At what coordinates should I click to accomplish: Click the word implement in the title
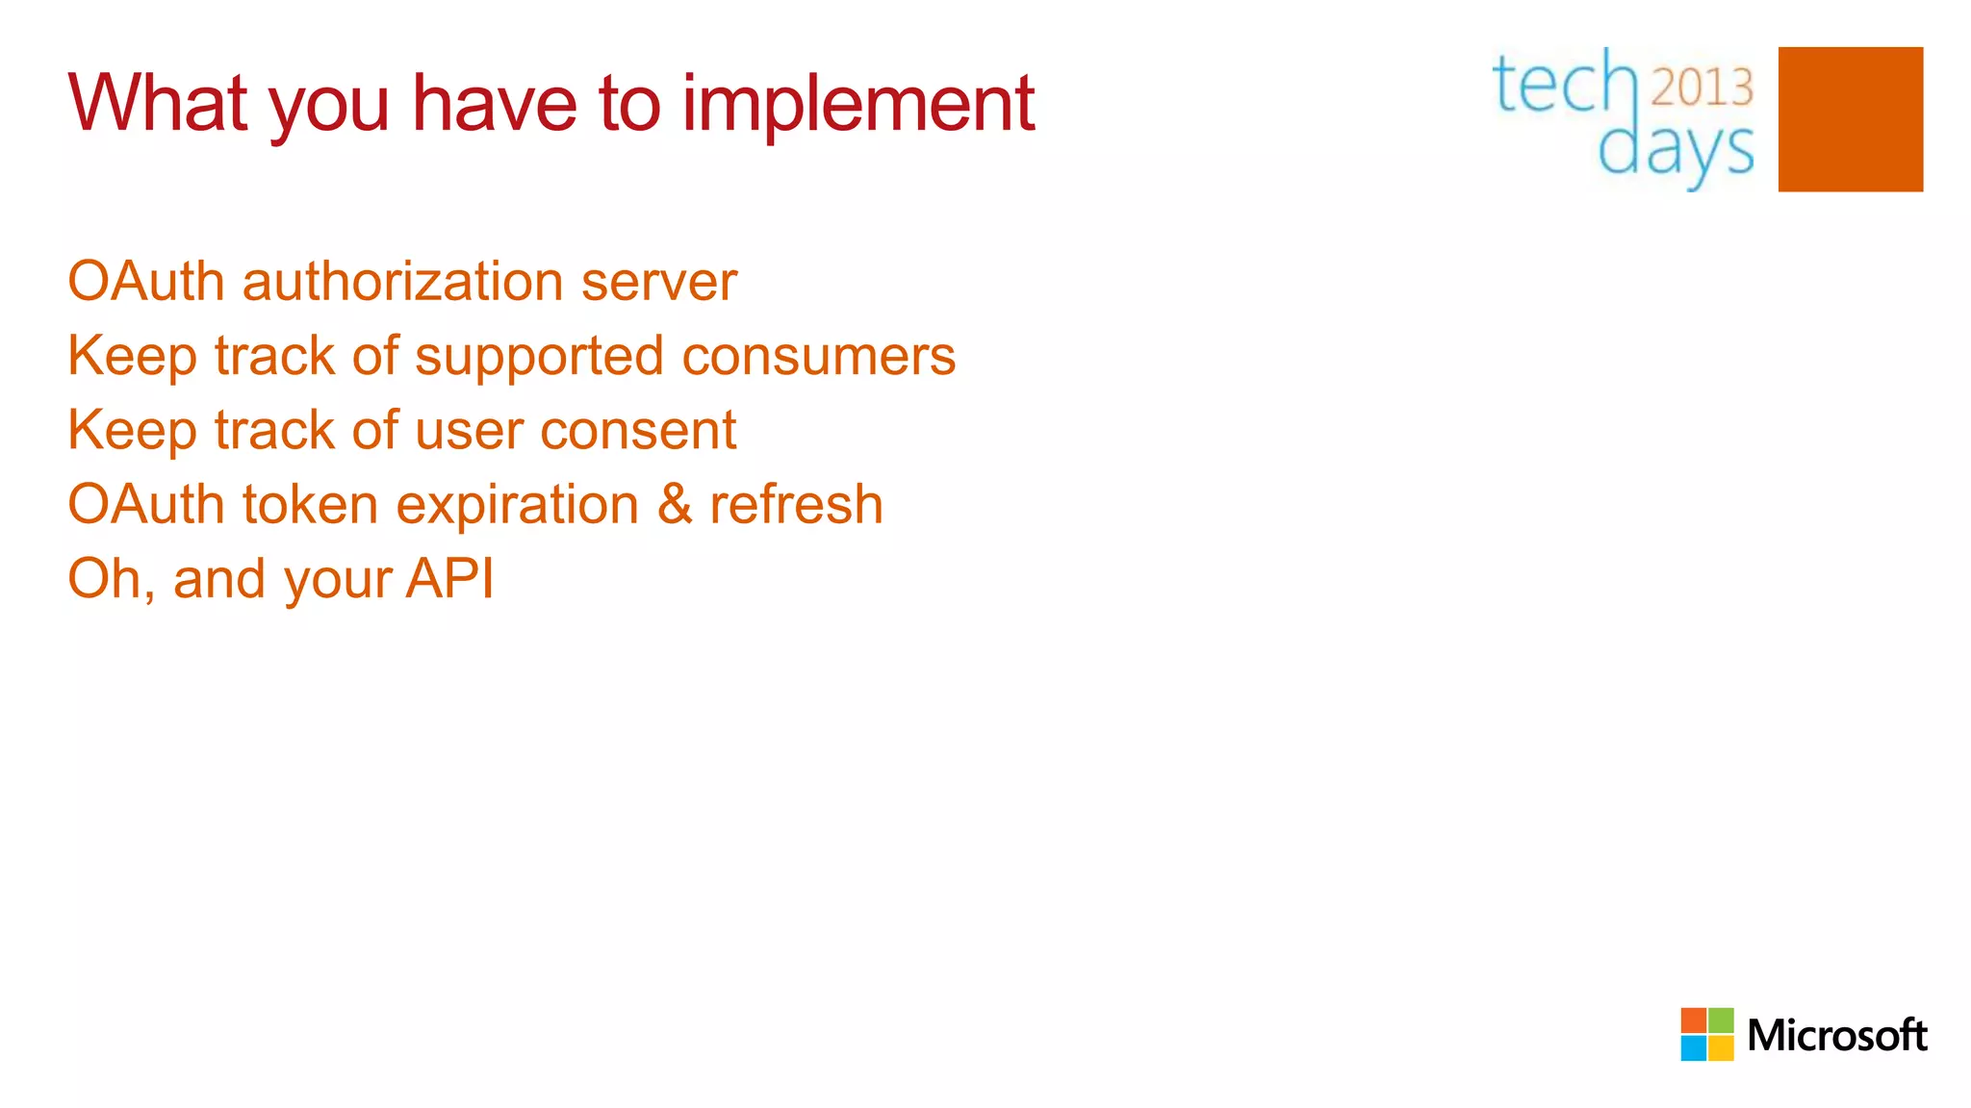point(858,104)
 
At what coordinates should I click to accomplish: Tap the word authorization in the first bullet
point(402,282)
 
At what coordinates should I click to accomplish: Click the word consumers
point(818,357)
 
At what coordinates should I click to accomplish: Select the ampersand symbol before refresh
point(675,505)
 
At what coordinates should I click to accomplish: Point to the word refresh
point(796,505)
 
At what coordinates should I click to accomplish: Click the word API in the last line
point(449,579)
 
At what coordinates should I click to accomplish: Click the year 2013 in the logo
point(1702,88)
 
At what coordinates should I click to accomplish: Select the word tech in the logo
point(1564,85)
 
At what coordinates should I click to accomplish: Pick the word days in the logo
point(1676,151)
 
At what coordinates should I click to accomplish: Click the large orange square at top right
point(1850,119)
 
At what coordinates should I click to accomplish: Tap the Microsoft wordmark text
point(1836,1036)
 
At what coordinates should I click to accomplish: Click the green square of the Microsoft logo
point(1721,1020)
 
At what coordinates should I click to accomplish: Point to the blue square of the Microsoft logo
point(1693,1048)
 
